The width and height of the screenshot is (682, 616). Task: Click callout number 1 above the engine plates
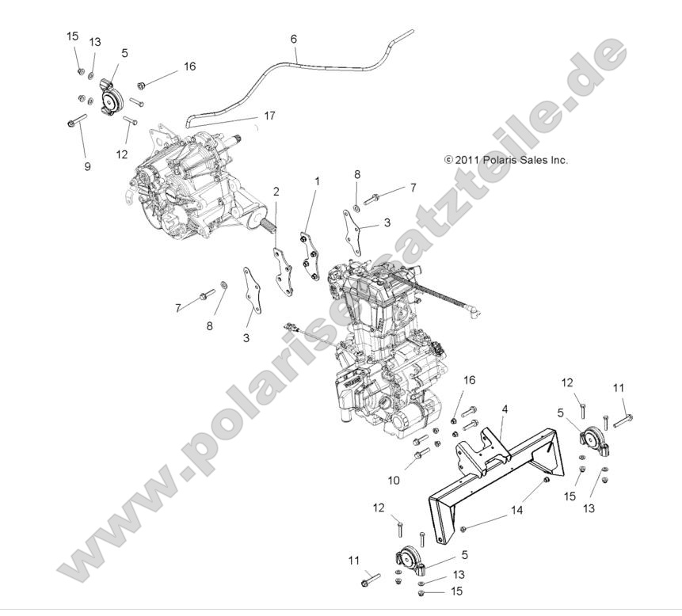pyautogui.click(x=318, y=181)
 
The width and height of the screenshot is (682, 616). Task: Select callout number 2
pyautogui.click(x=276, y=192)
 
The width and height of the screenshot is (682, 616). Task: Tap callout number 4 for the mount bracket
pyautogui.click(x=505, y=409)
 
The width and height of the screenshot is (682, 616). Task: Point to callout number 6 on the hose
pyautogui.click(x=294, y=38)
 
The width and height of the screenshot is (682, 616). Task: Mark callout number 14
pyautogui.click(x=516, y=511)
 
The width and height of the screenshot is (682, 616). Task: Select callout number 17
pyautogui.click(x=269, y=116)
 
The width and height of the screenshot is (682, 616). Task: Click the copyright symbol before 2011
pyautogui.click(x=448, y=159)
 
